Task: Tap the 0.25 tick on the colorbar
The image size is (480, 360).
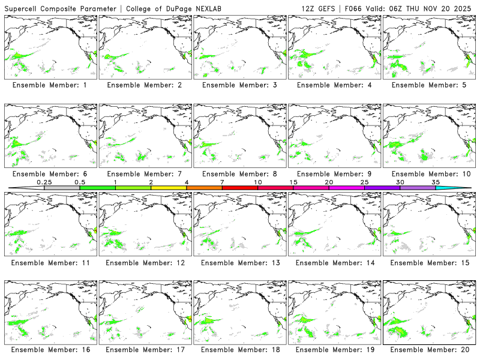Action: [x=44, y=182]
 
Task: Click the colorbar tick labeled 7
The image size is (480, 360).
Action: [x=222, y=182]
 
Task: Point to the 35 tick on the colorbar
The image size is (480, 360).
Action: [x=436, y=182]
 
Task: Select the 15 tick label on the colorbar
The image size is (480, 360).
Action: [x=293, y=182]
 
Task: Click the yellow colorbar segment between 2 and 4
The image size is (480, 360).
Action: [x=169, y=188]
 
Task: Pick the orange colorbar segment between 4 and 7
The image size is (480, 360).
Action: [x=204, y=188]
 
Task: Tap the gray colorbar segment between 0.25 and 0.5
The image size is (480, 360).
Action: [x=62, y=188]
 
